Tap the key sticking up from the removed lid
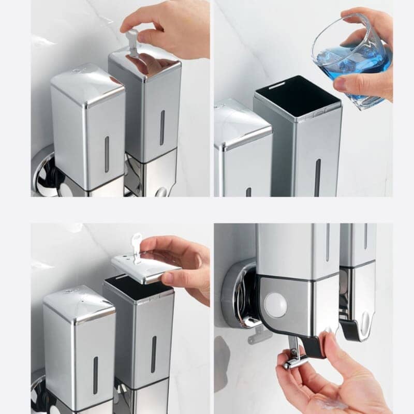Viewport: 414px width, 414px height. [x=136, y=246]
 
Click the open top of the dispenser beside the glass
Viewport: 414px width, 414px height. [x=297, y=93]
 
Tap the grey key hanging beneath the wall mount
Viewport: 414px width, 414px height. [x=259, y=336]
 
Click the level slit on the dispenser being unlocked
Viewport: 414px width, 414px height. [x=162, y=127]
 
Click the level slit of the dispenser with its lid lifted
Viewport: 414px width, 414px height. [x=153, y=354]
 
